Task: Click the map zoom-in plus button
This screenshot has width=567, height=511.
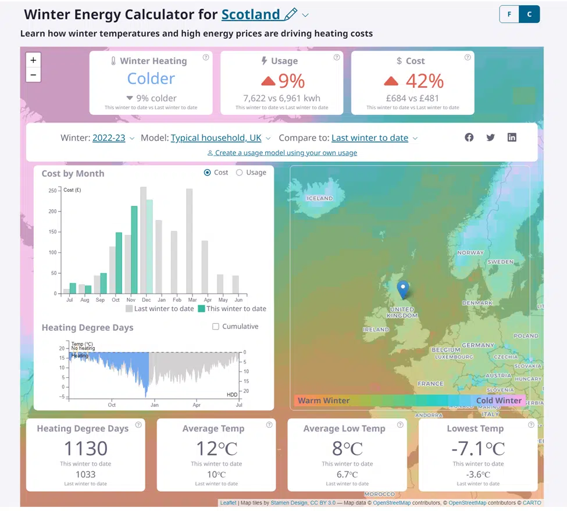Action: click(33, 60)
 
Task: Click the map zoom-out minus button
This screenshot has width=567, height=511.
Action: click(33, 75)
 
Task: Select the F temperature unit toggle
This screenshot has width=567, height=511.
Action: click(509, 15)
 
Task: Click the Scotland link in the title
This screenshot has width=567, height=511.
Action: click(251, 14)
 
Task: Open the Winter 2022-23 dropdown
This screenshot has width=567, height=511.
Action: click(109, 138)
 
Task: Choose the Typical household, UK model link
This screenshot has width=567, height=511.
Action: click(216, 138)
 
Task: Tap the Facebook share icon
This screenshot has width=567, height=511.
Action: click(469, 137)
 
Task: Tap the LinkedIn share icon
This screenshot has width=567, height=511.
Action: click(512, 137)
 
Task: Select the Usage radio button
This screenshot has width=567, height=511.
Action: click(240, 173)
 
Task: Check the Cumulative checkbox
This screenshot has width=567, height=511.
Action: click(216, 327)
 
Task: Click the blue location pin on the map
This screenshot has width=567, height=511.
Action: click(402, 289)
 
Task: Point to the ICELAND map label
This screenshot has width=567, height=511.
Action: click(320, 198)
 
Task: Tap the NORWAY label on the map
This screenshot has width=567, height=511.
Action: click(470, 253)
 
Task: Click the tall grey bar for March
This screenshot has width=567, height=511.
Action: click(189, 241)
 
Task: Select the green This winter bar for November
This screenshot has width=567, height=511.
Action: click(134, 249)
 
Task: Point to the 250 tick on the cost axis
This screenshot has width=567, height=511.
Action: click(52, 191)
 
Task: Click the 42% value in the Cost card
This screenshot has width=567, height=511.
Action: click(425, 80)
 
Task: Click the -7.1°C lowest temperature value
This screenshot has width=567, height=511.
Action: click(478, 449)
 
